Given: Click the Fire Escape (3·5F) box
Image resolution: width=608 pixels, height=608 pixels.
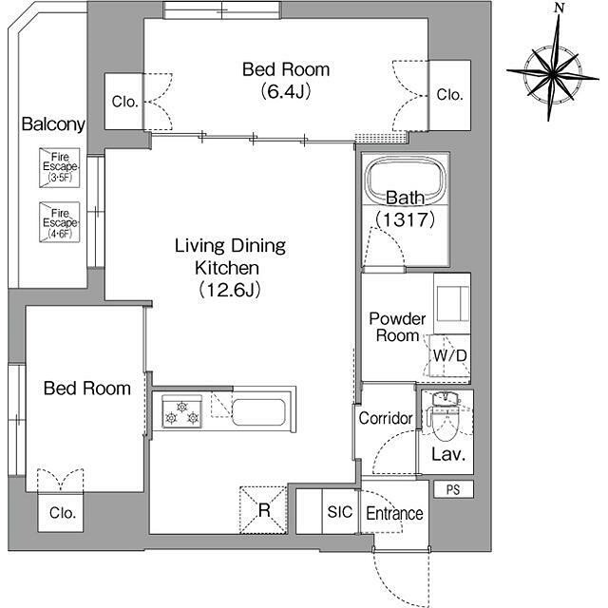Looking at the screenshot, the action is pos(59,167).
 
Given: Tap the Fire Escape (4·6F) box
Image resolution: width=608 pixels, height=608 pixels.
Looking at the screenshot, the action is pos(59,222).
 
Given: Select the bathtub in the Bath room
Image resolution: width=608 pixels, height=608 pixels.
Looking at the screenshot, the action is pos(406,180).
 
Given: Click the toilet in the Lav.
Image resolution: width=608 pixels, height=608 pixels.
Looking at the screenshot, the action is pos(445,418).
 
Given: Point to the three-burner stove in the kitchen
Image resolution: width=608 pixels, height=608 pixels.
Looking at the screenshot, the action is pos(181,411).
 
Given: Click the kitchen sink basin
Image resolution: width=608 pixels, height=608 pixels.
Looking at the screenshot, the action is pos(258,411).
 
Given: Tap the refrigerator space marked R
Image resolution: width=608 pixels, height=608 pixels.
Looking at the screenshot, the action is pos(263,509).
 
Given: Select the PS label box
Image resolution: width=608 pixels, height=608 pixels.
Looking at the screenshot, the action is pos(453,489).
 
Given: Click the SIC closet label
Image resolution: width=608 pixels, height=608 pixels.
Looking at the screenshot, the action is pos(340,512).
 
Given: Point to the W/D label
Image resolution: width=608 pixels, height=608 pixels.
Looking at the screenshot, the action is pos(449,355).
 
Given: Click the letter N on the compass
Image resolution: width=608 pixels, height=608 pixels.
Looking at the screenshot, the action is pos(560,8).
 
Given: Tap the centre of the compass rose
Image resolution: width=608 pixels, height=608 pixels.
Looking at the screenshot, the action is pos(553,72).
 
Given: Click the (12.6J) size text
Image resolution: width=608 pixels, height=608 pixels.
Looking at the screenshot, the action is pos(230,289).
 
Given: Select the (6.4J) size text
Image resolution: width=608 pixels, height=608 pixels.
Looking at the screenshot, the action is pos(286,91).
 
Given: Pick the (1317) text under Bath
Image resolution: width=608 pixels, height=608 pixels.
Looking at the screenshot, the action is pos(406,219).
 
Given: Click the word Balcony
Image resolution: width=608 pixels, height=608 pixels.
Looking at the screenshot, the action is pos(53,124).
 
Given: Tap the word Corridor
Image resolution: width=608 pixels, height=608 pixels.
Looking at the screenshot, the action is pos(386,418).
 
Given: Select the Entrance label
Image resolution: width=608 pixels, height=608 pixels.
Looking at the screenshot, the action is pos(394,513).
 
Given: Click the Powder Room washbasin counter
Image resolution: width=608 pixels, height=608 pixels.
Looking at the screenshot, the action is pos(452,304).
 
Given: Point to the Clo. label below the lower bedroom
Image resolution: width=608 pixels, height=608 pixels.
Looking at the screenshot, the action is pos(62,513).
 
